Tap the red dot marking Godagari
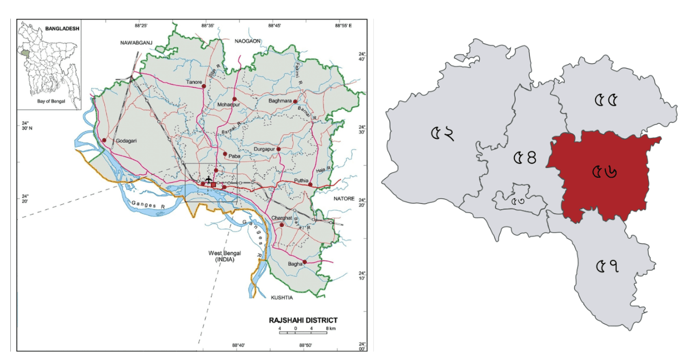tap(104, 140)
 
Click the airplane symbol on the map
tap(208, 180)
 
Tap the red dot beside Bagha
tap(305, 262)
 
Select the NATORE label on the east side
tap(345, 198)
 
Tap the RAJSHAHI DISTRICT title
tap(303, 320)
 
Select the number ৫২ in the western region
tap(442, 134)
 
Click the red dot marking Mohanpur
tap(234, 99)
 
